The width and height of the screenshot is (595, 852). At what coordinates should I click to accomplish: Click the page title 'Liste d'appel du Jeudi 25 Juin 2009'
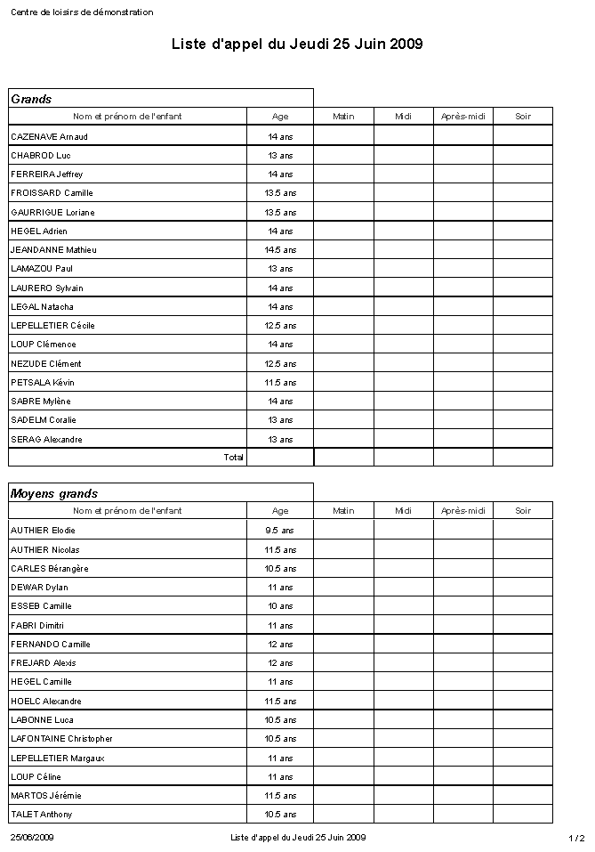coord(297,44)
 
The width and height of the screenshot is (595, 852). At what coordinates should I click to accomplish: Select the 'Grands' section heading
coord(31,99)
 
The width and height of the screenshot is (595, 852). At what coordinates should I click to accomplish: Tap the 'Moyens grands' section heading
coord(54,493)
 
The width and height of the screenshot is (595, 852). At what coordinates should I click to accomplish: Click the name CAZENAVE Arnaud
coord(49,136)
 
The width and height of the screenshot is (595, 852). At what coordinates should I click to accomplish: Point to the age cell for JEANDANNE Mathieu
coord(280,250)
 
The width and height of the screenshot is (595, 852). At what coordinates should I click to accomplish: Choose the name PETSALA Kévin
coord(43,383)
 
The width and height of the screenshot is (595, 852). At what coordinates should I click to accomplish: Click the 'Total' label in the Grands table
coord(233,457)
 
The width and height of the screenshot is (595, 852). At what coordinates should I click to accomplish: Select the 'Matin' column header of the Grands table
coord(343,117)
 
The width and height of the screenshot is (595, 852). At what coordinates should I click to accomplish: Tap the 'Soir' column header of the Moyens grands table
coord(523,511)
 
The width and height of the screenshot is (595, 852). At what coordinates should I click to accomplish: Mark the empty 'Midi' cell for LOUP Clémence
coord(404,345)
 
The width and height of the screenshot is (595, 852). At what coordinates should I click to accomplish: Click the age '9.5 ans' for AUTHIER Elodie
coord(280,531)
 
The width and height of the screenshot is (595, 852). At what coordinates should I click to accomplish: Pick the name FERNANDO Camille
coord(51,645)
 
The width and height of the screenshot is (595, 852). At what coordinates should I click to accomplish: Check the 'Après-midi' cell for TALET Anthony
coord(463,815)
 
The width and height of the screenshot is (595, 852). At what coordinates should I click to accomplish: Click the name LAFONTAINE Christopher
coord(61,739)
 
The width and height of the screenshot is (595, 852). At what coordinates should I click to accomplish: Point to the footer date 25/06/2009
coord(32,838)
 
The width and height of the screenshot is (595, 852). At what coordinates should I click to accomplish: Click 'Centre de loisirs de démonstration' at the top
coord(82,12)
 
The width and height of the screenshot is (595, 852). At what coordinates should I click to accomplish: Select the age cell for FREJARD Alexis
coord(280,663)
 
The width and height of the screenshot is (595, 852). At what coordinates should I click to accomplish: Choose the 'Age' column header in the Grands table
coord(280,117)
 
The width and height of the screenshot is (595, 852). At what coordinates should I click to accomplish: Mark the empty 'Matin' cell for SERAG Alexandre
coord(343,440)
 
